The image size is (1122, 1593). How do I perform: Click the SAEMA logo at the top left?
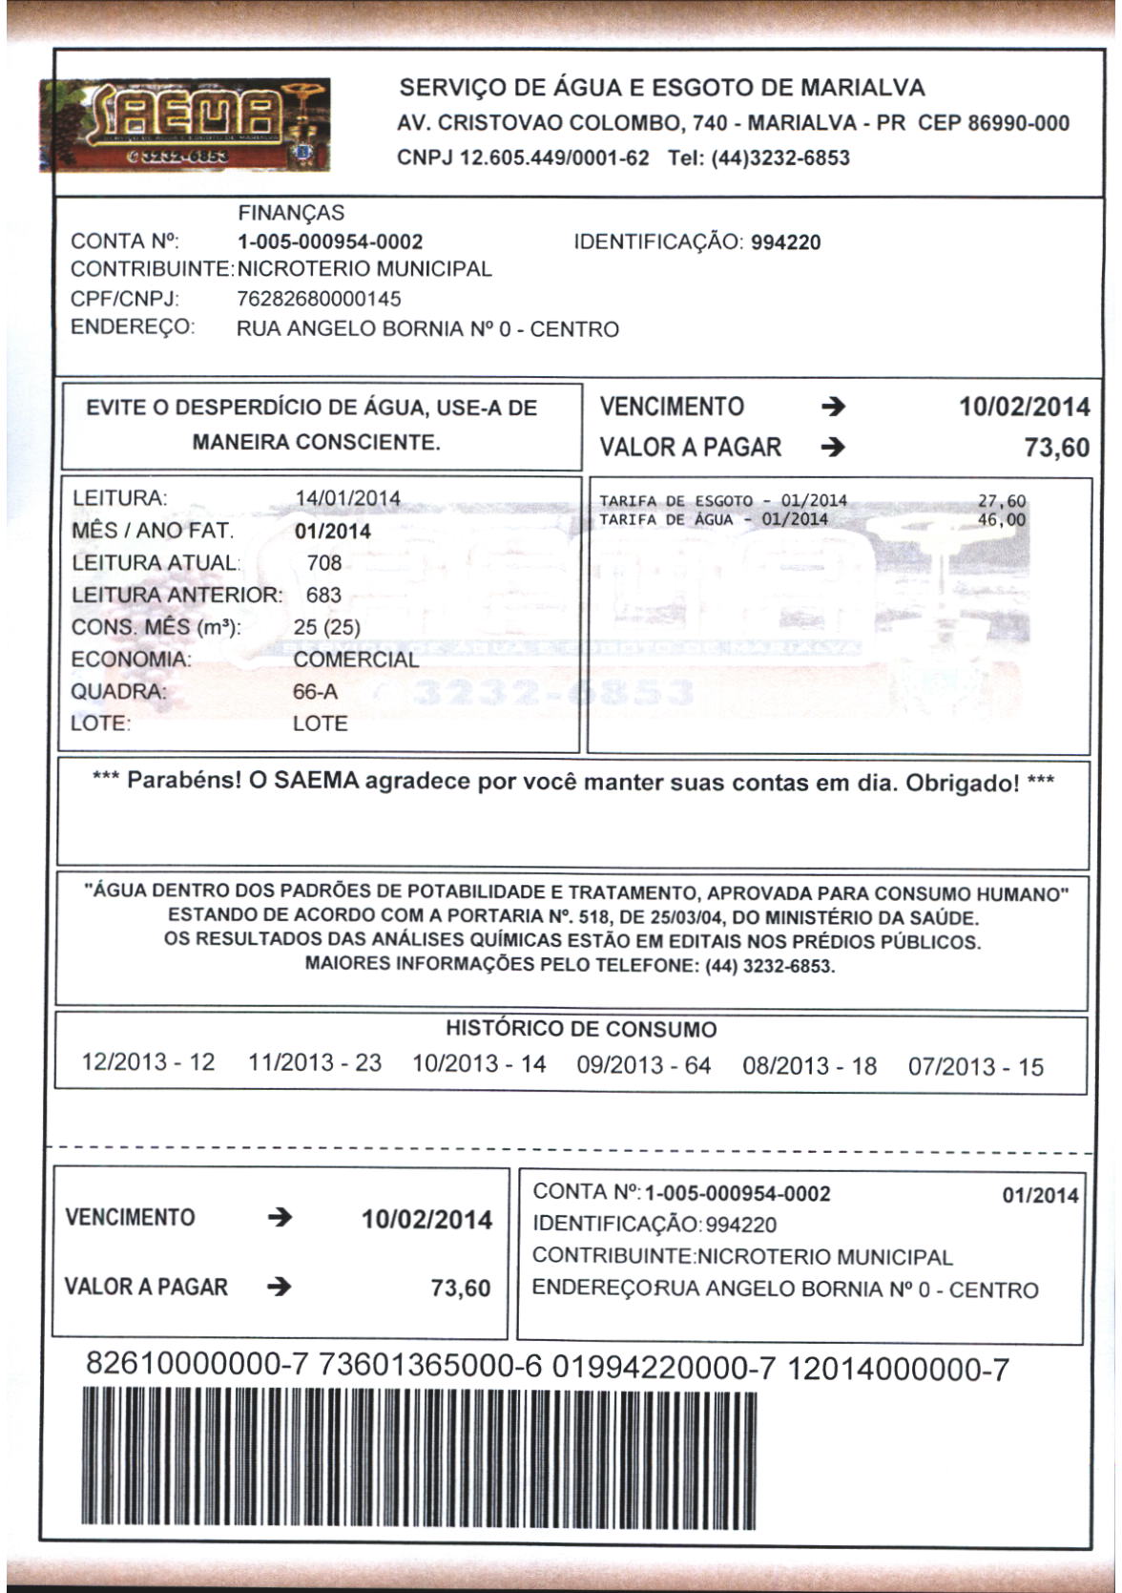[185, 125]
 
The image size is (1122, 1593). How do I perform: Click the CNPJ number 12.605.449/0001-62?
[554, 158]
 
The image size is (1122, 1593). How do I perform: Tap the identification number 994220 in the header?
[785, 242]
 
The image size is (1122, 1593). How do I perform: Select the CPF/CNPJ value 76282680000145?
[319, 299]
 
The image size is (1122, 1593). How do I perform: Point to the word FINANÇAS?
[291, 213]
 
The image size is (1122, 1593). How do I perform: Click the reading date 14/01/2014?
[347, 498]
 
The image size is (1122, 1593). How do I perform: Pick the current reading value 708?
[324, 563]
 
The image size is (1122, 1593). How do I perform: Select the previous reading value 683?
[323, 596]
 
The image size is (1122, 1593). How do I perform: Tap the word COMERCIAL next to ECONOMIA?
[356, 660]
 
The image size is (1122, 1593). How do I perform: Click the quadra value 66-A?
[315, 692]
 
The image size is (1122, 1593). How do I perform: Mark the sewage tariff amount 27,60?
[1002, 501]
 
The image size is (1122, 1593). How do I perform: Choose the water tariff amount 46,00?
[1002, 520]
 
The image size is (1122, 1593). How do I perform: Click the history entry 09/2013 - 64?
[644, 1065]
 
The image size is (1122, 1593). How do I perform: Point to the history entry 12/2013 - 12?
[149, 1062]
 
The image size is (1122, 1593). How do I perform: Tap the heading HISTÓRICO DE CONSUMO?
[581, 1030]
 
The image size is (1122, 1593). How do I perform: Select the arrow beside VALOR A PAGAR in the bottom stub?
[279, 1288]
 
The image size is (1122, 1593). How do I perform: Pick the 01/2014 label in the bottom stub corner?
[1040, 1196]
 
